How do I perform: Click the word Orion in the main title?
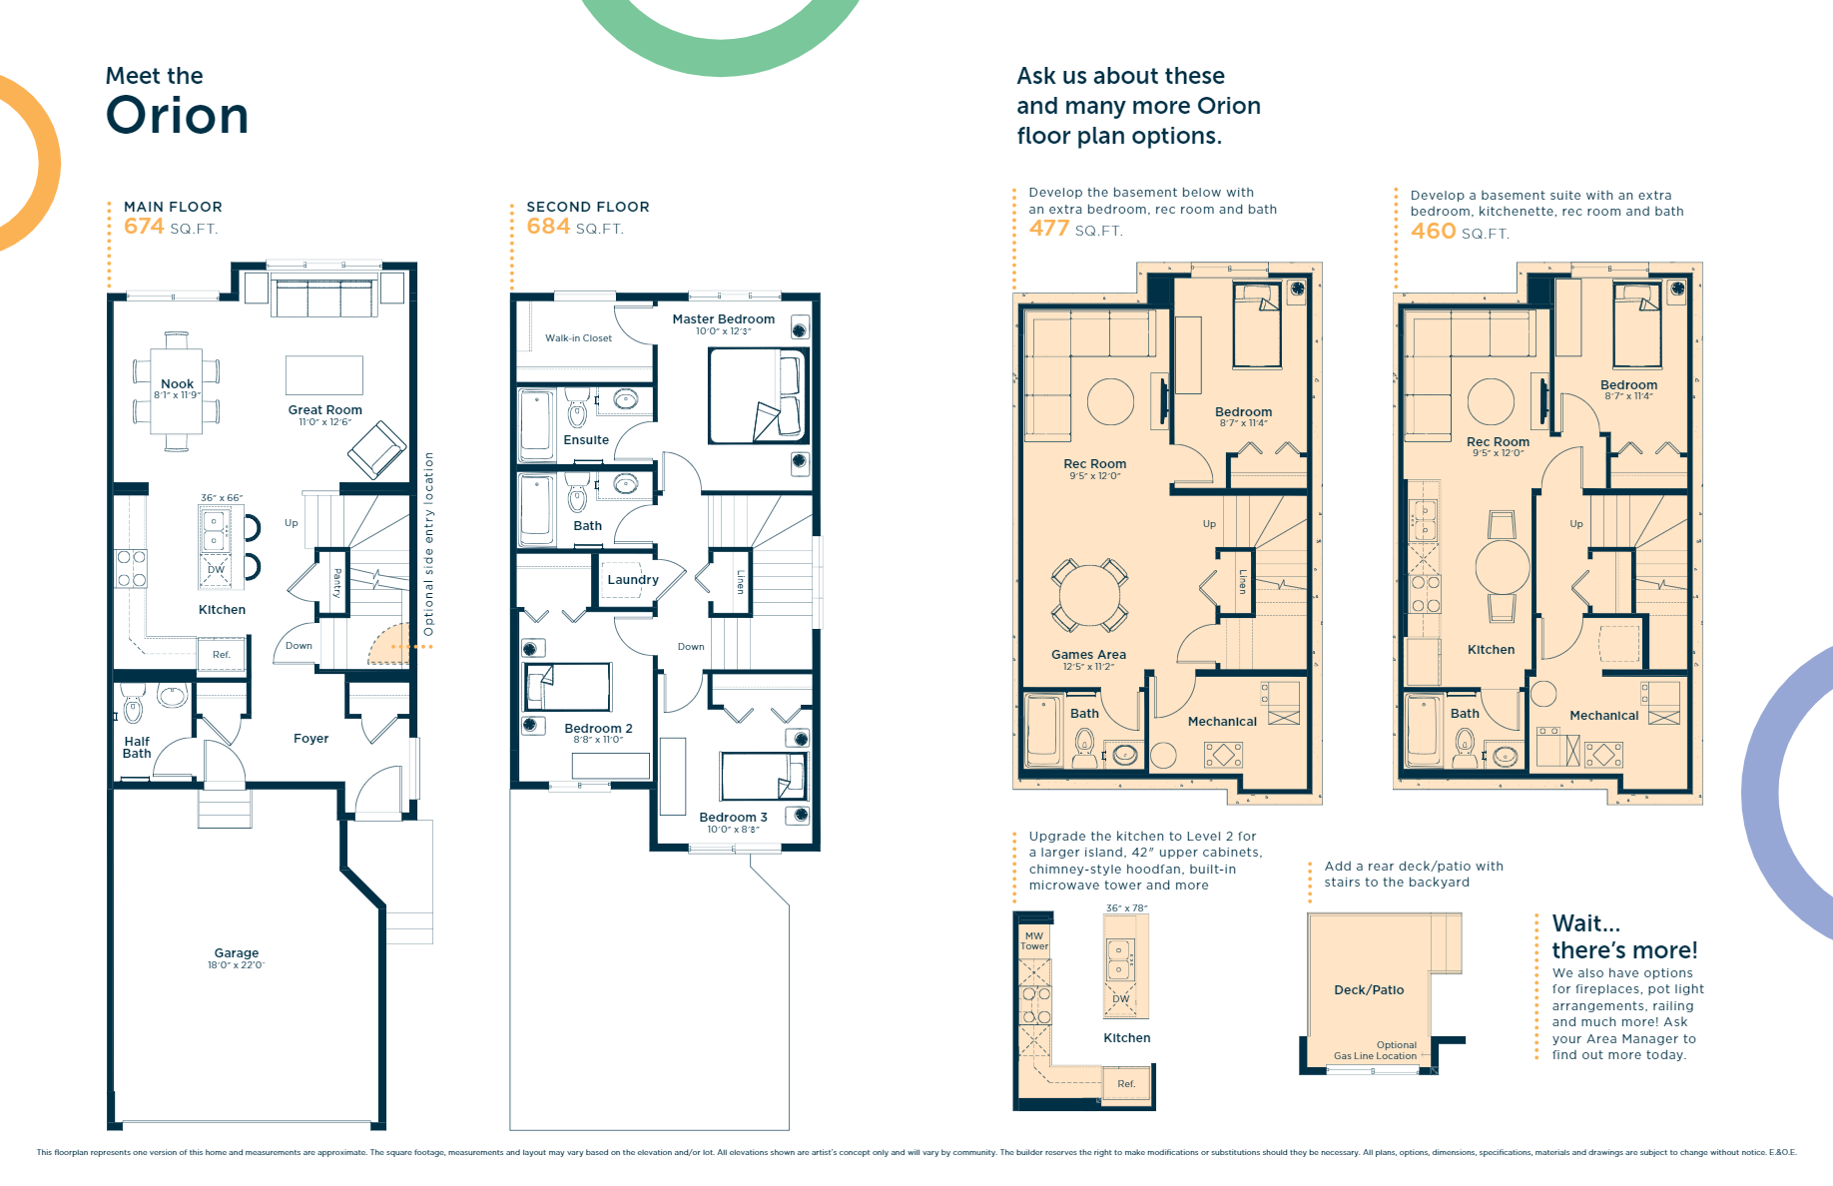177,116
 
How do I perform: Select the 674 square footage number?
144,227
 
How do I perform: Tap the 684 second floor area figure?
548,227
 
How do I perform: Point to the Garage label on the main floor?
236,953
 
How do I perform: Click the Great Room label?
325,409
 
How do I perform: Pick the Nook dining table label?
177,383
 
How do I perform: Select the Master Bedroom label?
723,319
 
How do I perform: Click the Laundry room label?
632,579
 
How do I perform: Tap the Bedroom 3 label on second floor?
733,817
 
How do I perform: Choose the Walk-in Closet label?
578,338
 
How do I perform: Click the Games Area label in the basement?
1088,655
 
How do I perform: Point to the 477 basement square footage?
1049,229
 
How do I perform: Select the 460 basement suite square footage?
1433,232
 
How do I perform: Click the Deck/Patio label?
1369,990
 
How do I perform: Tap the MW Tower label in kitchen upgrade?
1034,941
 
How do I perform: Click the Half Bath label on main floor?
137,747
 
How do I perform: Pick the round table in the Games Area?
1089,596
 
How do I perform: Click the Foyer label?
310,739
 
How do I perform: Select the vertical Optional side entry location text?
429,544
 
